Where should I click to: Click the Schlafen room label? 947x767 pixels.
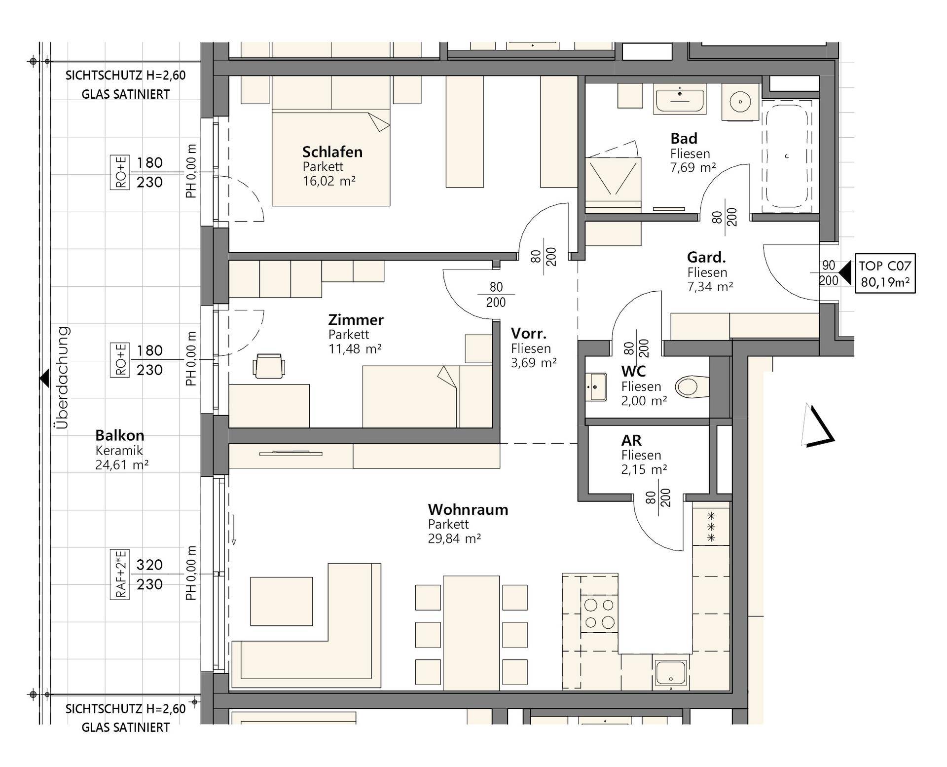332,152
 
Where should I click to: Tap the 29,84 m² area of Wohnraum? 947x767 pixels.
454,538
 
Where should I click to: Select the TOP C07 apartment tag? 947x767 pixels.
885,273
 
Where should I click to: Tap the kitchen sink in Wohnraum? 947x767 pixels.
670,673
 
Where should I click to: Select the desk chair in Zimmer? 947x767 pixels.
268,366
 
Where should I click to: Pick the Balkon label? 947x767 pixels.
119,435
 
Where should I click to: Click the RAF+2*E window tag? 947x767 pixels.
120,574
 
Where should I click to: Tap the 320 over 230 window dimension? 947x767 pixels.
149,575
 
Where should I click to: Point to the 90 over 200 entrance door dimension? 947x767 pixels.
829,273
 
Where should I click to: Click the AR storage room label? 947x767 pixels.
631,440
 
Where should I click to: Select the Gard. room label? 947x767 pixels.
706,257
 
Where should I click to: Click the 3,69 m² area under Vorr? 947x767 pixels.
534,363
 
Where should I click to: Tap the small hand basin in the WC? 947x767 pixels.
596,386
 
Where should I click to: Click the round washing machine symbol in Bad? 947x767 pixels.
740,102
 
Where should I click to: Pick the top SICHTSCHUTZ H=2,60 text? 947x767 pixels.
126,76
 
